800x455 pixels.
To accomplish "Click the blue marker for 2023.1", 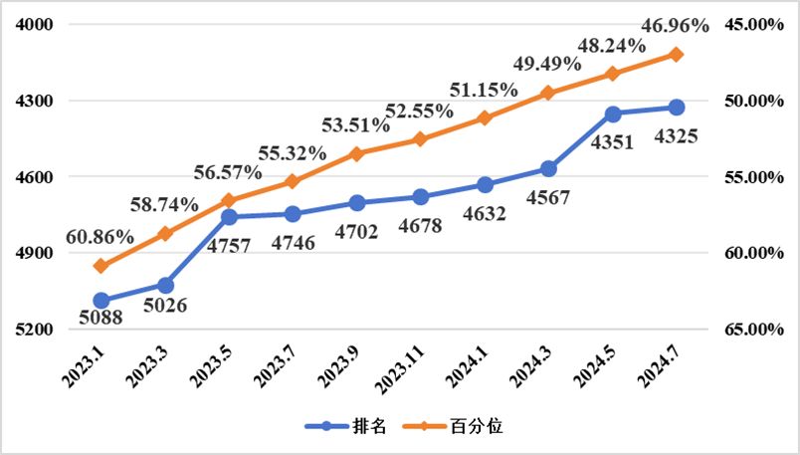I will coord(101,301).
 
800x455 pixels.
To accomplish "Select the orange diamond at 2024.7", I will coord(676,55).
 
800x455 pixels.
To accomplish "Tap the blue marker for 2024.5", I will coord(612,114).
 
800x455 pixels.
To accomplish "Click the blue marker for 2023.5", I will coord(229,217).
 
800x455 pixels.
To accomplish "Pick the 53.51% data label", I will coord(356,125).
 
